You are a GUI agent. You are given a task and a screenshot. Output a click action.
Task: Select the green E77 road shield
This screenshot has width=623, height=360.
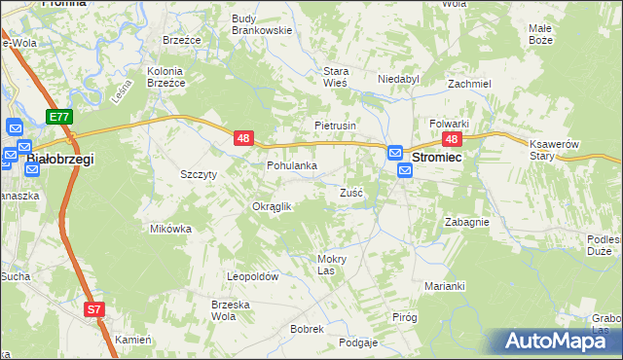(59, 117)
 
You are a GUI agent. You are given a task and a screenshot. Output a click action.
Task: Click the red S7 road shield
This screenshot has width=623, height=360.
(93, 310)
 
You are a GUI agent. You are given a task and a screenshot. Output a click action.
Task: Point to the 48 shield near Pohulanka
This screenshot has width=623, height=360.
(242, 140)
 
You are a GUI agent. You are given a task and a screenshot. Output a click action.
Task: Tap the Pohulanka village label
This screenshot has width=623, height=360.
(292, 165)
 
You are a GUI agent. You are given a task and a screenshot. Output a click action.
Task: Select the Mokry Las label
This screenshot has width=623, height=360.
(332, 265)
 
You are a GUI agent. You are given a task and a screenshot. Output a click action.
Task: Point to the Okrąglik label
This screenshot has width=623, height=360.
(273, 206)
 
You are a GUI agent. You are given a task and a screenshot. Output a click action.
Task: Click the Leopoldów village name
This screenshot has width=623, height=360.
(253, 276)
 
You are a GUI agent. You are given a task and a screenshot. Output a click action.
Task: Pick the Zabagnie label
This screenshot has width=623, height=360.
(466, 222)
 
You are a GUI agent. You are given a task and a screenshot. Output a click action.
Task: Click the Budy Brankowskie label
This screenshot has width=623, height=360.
(263, 24)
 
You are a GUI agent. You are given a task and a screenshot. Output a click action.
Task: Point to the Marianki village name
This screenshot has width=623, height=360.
(445, 286)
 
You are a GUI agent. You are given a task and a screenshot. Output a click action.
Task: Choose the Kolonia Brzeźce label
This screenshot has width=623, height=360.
(165, 77)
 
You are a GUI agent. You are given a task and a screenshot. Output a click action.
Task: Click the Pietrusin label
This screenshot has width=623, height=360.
(336, 126)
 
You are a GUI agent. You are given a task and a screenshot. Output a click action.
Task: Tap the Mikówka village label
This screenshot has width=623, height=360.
(170, 229)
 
